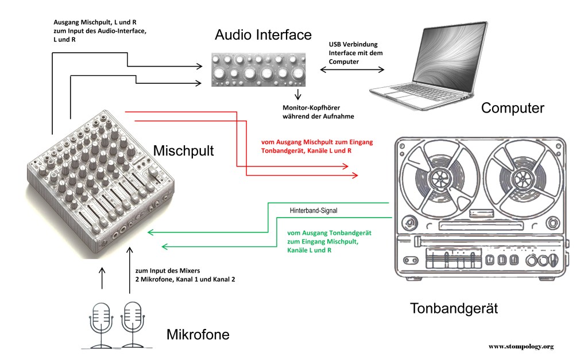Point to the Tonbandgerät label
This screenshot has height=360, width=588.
pyautogui.click(x=454, y=308)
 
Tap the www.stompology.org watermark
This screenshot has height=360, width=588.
pyautogui.click(x=521, y=346)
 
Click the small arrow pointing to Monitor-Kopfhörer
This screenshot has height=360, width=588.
pyautogui.click(x=298, y=94)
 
